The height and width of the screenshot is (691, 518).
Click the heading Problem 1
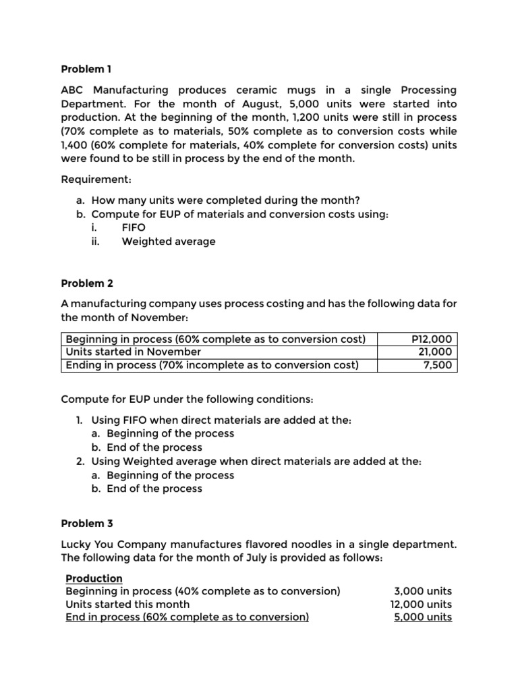86,69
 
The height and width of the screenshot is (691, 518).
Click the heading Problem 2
86,283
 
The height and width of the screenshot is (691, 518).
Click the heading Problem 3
86,523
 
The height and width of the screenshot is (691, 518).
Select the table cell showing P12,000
432,339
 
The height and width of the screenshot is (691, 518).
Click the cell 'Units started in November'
133,352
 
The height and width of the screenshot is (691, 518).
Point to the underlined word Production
94,578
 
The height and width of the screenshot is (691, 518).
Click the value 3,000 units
424,591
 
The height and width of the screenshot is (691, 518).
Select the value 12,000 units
421,604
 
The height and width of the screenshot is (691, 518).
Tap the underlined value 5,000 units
423,617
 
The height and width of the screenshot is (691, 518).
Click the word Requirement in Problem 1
96,180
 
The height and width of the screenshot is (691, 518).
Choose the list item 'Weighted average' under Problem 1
169,241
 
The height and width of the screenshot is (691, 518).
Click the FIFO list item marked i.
134,227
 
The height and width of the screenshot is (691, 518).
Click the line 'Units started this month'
127,604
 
